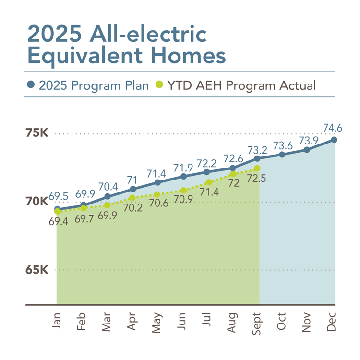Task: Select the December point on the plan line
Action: (x=334, y=140)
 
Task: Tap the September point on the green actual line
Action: (x=258, y=168)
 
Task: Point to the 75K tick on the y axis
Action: (x=36, y=133)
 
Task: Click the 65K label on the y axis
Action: (x=36, y=270)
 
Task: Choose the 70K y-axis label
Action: (x=36, y=202)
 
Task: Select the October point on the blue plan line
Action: (x=282, y=155)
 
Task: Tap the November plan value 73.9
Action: (x=307, y=140)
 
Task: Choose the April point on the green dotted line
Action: (x=132, y=198)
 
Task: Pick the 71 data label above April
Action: (x=132, y=180)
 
